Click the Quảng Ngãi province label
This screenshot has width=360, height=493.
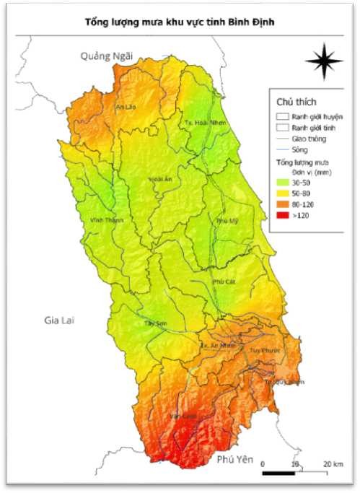(102, 56)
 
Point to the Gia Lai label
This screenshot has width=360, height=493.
(59, 318)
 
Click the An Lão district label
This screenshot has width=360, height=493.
(126, 107)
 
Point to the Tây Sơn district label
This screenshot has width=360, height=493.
(156, 324)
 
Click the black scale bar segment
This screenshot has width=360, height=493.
(278, 473)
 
